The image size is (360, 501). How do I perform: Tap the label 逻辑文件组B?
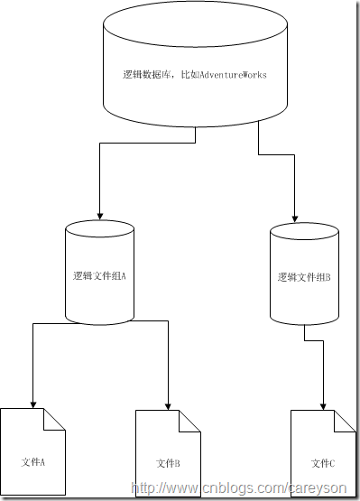coord(305,277)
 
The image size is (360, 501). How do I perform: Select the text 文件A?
coord(33,462)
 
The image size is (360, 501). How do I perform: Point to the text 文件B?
coord(169,463)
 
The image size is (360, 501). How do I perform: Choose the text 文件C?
coord(323,463)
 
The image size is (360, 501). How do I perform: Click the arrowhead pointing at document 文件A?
coord(33,403)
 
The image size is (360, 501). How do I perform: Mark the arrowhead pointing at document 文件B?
coord(169,404)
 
